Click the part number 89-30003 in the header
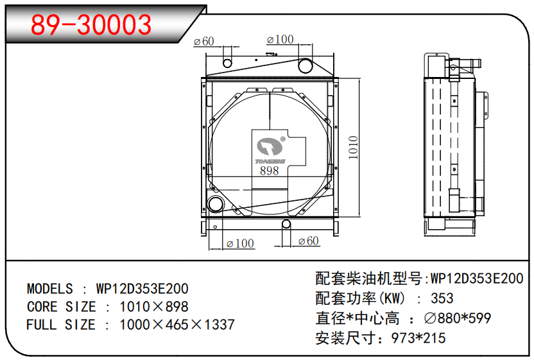tap(92, 24)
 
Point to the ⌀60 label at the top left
tap(203, 42)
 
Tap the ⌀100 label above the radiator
tap(280, 40)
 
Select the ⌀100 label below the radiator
tap(241, 244)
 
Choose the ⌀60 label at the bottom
tap(309, 241)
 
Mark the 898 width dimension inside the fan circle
tap(270, 171)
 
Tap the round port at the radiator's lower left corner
tap(216, 205)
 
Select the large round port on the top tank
tap(305, 65)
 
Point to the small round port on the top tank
tap(227, 62)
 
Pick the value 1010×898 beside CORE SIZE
tap(154, 307)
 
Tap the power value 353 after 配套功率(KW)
tap(442, 298)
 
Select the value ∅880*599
tap(458, 318)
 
